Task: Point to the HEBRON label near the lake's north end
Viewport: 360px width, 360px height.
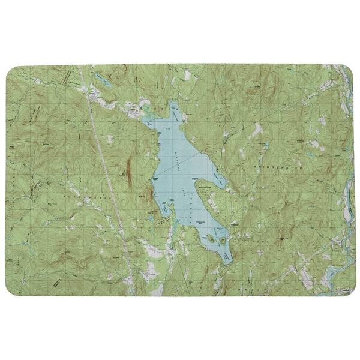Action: (157, 109)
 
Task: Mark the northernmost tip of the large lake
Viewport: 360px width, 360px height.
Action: (173, 103)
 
